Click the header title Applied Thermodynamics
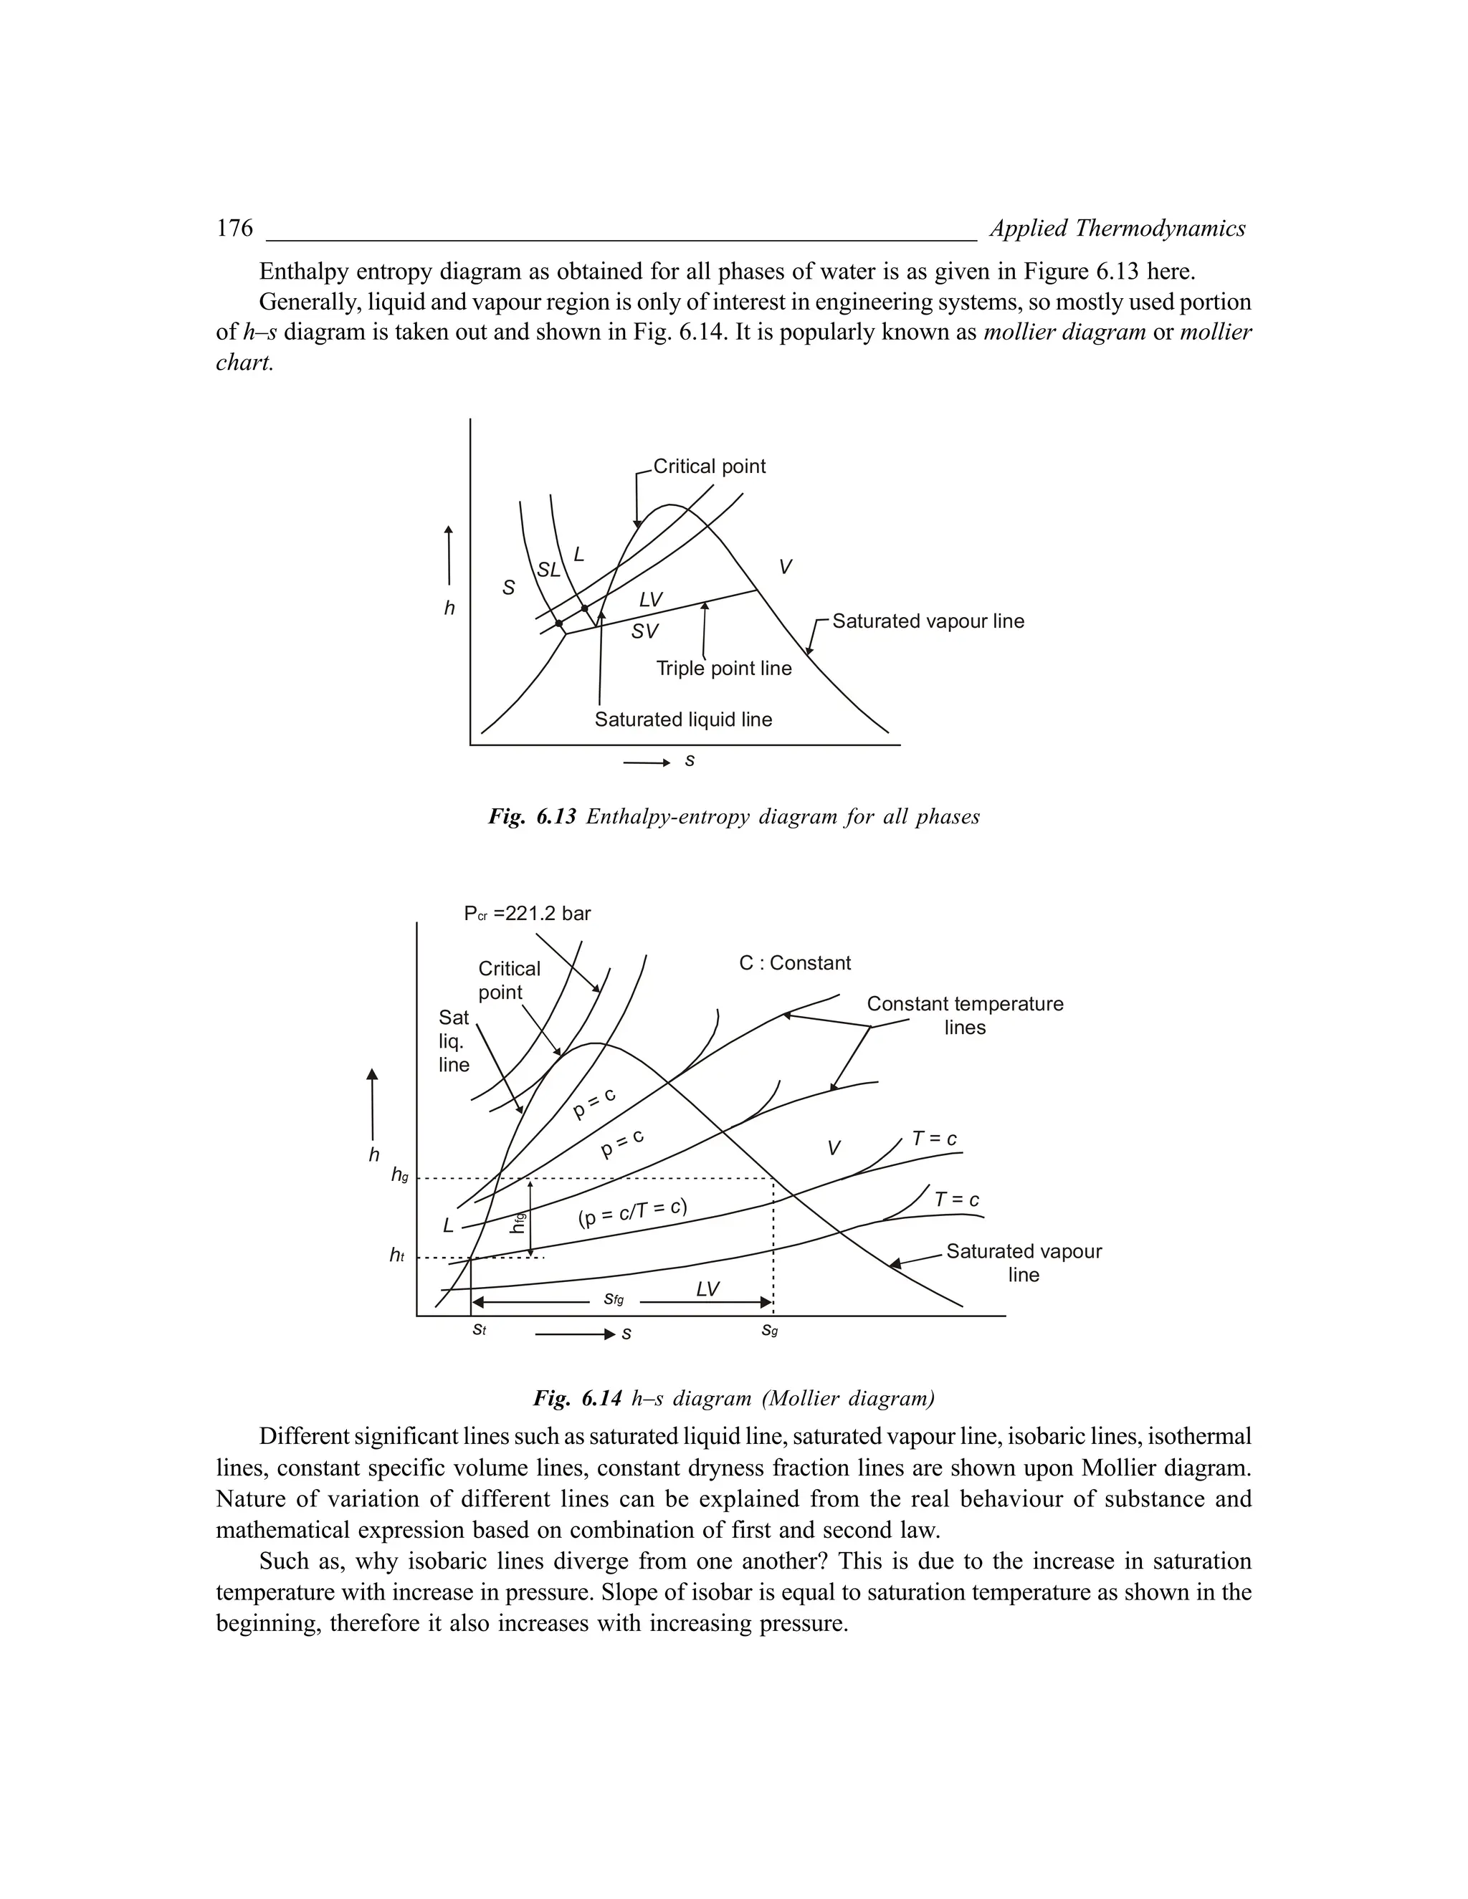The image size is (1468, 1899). [x=1117, y=229]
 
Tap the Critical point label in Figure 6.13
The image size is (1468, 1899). [x=709, y=467]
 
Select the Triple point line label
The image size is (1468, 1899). [x=723, y=669]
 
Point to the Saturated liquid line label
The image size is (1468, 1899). [x=682, y=720]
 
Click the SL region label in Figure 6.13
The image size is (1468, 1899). [x=548, y=570]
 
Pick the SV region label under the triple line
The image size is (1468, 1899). [x=644, y=631]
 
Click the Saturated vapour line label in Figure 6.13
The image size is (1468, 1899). [x=928, y=622]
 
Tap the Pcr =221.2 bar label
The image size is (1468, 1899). [x=527, y=914]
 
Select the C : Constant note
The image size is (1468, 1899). [x=795, y=963]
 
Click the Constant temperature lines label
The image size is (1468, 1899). [x=965, y=1015]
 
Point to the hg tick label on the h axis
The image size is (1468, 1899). [x=399, y=1175]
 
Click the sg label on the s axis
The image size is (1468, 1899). [x=770, y=1330]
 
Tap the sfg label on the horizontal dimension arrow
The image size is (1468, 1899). [x=614, y=1299]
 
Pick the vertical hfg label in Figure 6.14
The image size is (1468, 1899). [x=518, y=1223]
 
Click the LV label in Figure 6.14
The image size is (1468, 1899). [x=708, y=1288]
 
